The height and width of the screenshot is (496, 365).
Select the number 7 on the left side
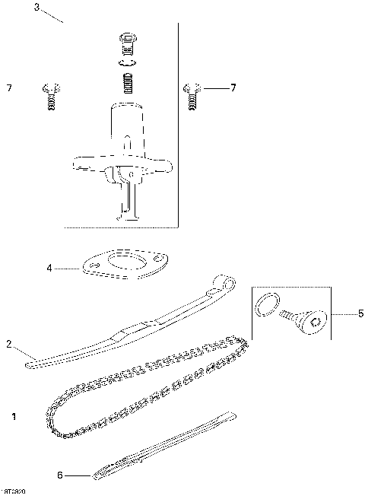9,89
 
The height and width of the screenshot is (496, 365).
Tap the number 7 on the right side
233,88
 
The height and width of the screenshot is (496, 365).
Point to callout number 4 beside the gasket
49,268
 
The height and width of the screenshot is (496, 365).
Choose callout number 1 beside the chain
14,417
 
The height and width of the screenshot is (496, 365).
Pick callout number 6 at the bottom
59,475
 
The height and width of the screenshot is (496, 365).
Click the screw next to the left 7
51,97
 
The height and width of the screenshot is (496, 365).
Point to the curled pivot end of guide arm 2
222,281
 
